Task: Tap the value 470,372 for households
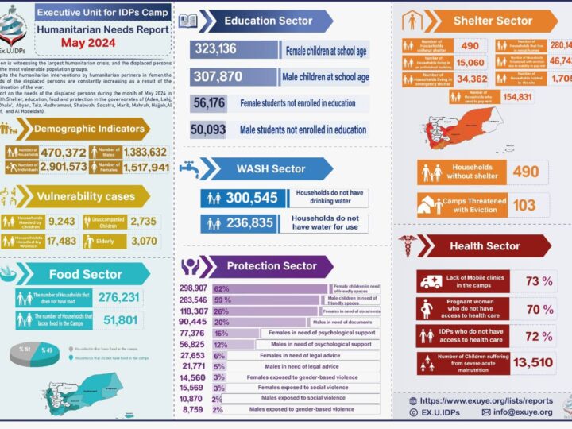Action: tap(58, 152)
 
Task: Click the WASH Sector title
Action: tap(271, 168)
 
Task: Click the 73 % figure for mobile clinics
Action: tap(541, 281)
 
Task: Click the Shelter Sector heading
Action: tap(493, 20)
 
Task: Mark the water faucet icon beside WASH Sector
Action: tap(188, 168)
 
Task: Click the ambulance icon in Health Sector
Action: tap(431, 281)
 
